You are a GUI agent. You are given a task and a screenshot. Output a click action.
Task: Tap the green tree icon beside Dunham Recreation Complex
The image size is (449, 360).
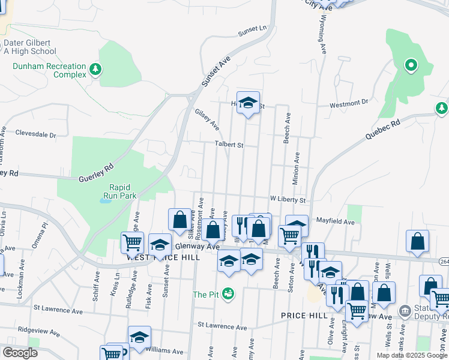(x=95, y=70)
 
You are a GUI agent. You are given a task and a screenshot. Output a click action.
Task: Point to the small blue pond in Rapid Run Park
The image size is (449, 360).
(x=105, y=201)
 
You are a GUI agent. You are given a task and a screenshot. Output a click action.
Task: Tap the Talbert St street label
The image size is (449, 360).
(x=229, y=145)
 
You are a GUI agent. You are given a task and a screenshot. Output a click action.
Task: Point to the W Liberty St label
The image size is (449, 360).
(x=288, y=199)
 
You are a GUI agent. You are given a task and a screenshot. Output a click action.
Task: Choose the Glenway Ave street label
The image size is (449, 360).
(x=197, y=247)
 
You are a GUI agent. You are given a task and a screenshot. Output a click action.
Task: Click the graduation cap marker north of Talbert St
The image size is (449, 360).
(x=248, y=103)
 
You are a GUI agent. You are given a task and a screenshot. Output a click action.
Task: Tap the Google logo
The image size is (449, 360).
(x=20, y=352)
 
